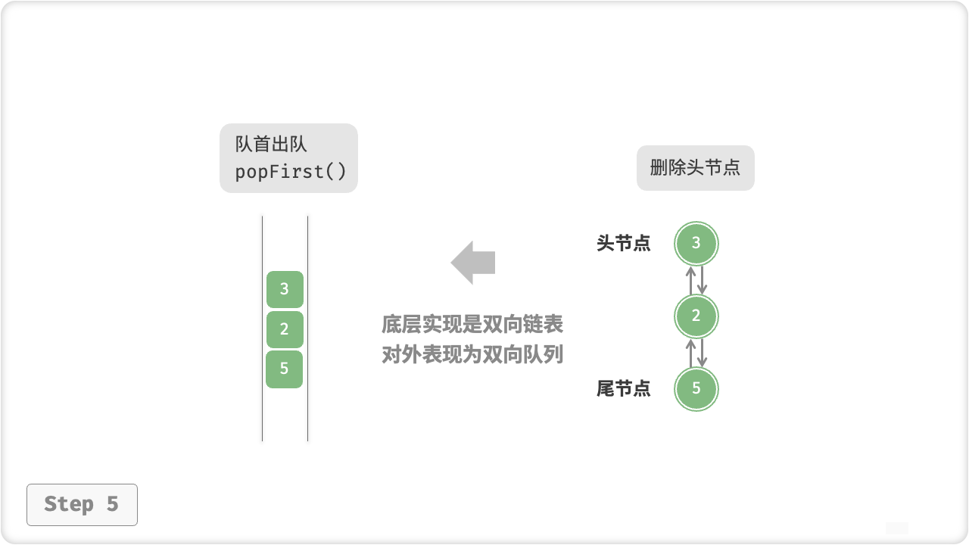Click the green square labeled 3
(285, 289)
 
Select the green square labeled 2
(285, 329)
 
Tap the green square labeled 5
(285, 369)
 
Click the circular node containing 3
(696, 244)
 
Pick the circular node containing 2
(696, 316)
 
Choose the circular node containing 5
(696, 389)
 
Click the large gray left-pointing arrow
(473, 263)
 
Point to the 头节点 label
(623, 244)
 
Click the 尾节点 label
(623, 389)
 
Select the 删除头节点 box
(695, 168)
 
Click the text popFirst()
(291, 172)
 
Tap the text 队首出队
(271, 145)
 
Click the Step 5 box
(82, 504)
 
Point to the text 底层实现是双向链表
(472, 325)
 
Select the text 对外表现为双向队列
(472, 354)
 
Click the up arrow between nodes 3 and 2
(690, 280)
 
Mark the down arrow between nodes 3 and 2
(702, 280)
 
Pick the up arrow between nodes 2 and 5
(690, 353)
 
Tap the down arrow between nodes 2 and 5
(702, 353)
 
